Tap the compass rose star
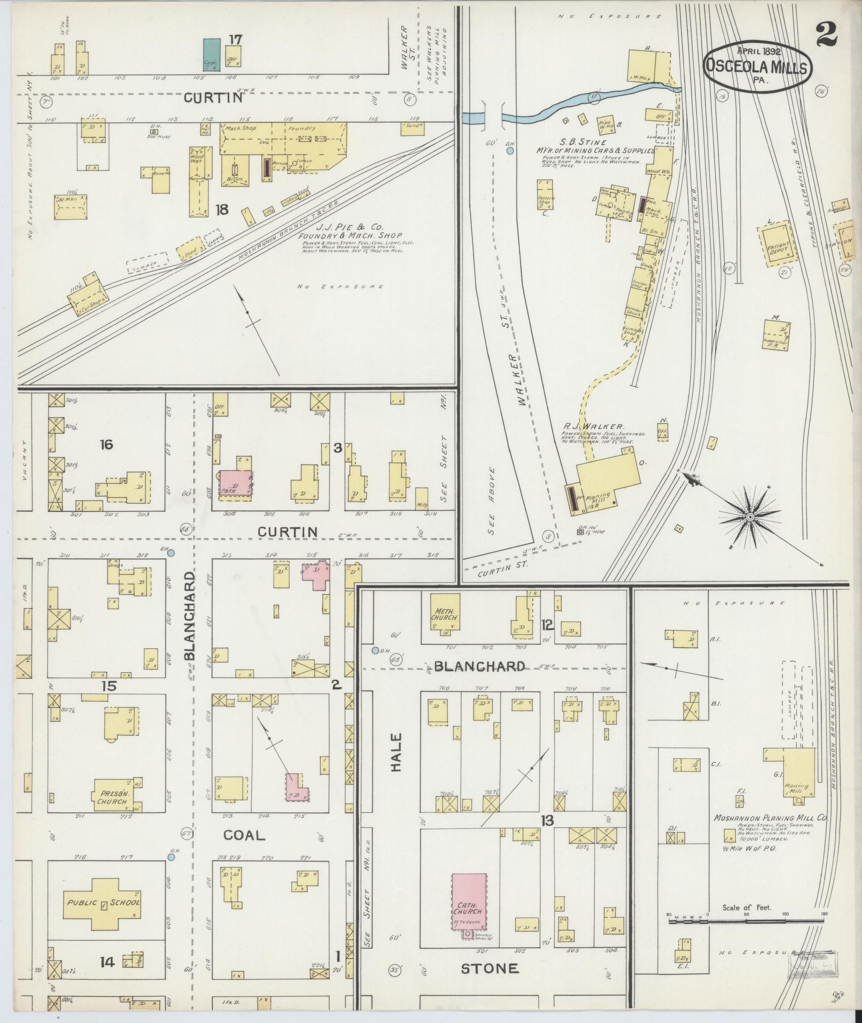[750, 517]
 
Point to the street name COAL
[244, 835]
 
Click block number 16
[107, 444]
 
